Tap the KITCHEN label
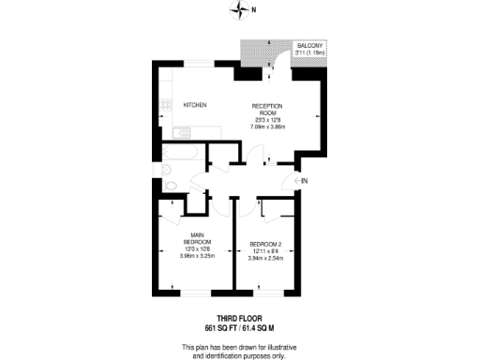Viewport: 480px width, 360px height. [195, 104]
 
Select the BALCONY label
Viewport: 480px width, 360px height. [310, 46]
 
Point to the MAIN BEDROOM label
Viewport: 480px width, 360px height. [197, 238]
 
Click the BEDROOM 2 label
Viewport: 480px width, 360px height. [265, 246]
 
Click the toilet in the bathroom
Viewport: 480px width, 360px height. [165, 170]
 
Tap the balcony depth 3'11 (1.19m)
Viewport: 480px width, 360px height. [310, 53]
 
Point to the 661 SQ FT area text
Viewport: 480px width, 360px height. [221, 329]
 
